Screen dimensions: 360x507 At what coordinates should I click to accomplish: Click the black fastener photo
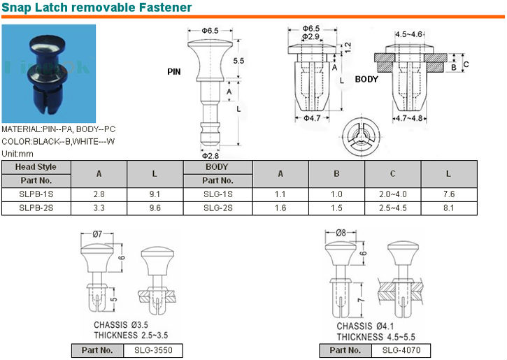click(48, 73)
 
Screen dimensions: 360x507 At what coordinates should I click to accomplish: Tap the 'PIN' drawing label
click(175, 72)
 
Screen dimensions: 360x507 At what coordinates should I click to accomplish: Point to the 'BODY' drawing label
click(367, 79)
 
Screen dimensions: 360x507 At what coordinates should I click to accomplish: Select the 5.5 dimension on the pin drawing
click(238, 61)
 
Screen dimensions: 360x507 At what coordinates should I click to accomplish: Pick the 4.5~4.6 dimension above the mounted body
click(409, 34)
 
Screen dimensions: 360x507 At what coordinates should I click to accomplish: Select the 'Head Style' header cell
click(36, 167)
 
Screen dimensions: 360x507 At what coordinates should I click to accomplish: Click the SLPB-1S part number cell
click(36, 194)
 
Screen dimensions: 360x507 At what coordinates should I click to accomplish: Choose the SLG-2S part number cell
click(217, 208)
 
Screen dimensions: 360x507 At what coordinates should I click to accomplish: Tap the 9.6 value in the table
click(155, 208)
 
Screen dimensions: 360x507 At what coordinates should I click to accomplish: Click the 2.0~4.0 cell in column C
click(392, 194)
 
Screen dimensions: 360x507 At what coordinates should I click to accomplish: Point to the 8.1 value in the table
click(448, 208)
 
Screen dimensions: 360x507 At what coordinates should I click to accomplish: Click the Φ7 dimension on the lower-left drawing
click(97, 233)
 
